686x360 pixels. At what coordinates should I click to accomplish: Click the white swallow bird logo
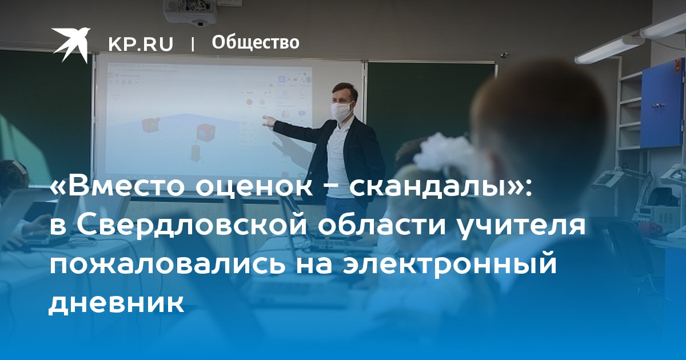[x=70, y=45]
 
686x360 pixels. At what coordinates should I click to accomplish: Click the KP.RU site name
[x=141, y=44]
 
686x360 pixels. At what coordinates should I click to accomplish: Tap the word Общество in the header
[x=256, y=42]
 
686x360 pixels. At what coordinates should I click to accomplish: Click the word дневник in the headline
[x=117, y=303]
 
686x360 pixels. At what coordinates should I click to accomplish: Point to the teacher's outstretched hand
[x=269, y=121]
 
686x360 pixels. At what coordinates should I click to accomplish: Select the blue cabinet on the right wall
[x=663, y=105]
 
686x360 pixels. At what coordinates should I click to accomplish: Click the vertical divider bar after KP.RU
[x=193, y=45]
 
